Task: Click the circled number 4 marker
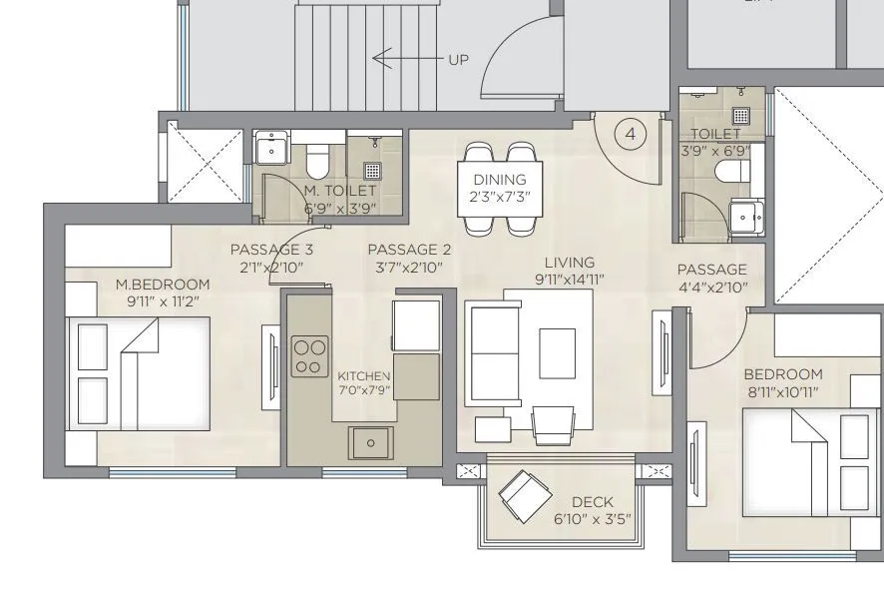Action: click(x=630, y=133)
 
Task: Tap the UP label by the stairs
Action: click(x=458, y=60)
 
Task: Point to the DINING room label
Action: click(x=500, y=180)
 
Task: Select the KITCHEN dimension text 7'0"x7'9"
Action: click(x=364, y=390)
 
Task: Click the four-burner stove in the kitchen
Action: click(x=309, y=356)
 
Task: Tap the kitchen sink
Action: click(x=370, y=441)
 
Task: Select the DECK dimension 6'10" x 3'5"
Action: click(x=593, y=519)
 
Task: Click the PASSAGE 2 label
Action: click(x=409, y=250)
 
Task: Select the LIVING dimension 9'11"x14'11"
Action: click(x=570, y=280)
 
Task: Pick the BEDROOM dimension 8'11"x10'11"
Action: click(x=782, y=392)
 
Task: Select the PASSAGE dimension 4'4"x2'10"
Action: click(x=711, y=287)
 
